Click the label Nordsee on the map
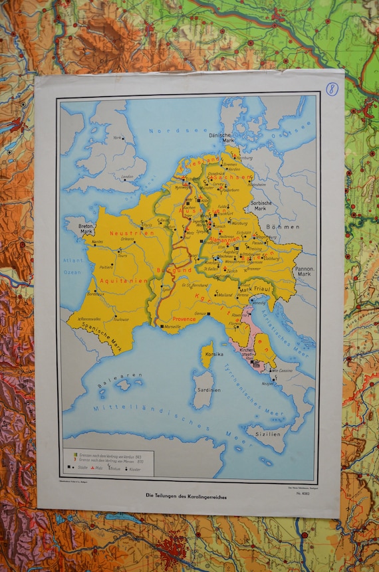[x=169, y=131]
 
